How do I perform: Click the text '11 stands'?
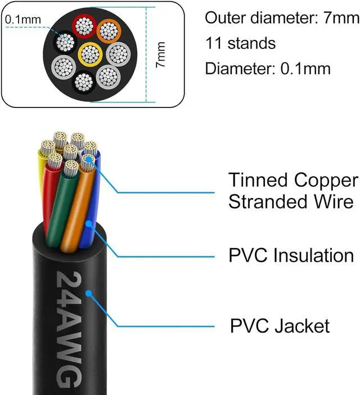point(240,43)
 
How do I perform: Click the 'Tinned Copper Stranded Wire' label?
point(292,191)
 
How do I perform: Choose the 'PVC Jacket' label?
point(280,325)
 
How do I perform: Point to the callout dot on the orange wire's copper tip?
point(88,160)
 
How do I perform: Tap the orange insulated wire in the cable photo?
point(76,208)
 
